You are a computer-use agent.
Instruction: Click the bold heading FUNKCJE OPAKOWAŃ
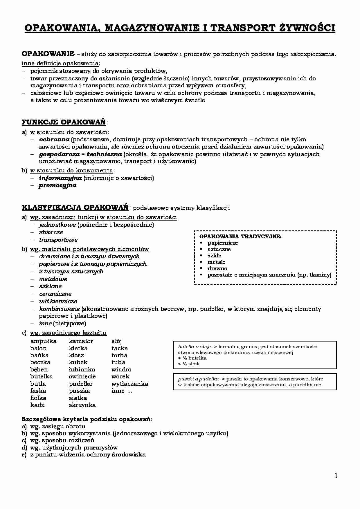(x=64, y=122)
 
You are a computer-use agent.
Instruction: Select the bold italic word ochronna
(x=54, y=140)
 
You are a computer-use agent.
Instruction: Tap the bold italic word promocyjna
(x=57, y=185)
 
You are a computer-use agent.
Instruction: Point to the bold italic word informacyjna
(x=60, y=178)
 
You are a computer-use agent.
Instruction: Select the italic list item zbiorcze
(x=51, y=232)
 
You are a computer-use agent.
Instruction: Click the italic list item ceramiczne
(x=55, y=294)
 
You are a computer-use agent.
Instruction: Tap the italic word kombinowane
(x=59, y=309)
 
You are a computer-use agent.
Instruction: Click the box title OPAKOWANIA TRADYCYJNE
(x=240, y=237)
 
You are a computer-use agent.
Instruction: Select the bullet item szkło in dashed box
(x=215, y=256)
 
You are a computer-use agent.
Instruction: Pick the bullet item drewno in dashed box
(x=217, y=268)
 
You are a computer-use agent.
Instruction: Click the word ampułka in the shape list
(x=43, y=341)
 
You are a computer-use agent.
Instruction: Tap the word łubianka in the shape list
(x=82, y=369)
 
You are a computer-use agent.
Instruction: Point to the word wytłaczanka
(x=130, y=384)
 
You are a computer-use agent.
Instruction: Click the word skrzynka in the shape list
(x=82, y=405)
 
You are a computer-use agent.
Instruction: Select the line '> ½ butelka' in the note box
(x=192, y=358)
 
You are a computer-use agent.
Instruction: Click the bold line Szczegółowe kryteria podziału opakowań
(x=87, y=419)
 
